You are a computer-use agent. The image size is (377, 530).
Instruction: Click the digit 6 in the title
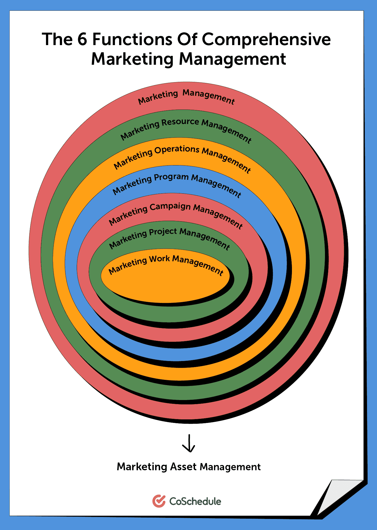pos(82,39)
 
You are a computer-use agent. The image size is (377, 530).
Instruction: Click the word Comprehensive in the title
pos(266,39)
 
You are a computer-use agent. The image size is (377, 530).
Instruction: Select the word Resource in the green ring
pos(180,122)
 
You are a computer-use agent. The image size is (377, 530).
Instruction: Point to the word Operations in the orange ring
pos(177,150)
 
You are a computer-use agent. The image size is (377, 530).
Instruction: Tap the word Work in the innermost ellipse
pos(160,259)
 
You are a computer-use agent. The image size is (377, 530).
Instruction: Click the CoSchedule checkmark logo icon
pos(159,501)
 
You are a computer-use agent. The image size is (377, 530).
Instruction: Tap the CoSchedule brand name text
pos(195,501)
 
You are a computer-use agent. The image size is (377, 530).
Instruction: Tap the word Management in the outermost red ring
pos(209,97)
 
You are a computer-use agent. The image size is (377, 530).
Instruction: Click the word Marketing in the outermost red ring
pos(158,97)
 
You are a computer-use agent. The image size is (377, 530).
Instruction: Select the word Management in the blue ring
pos(216,185)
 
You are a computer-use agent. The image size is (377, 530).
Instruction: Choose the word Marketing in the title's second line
pos(132,59)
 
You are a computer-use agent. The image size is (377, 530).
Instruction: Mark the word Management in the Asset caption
pos(230,467)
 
